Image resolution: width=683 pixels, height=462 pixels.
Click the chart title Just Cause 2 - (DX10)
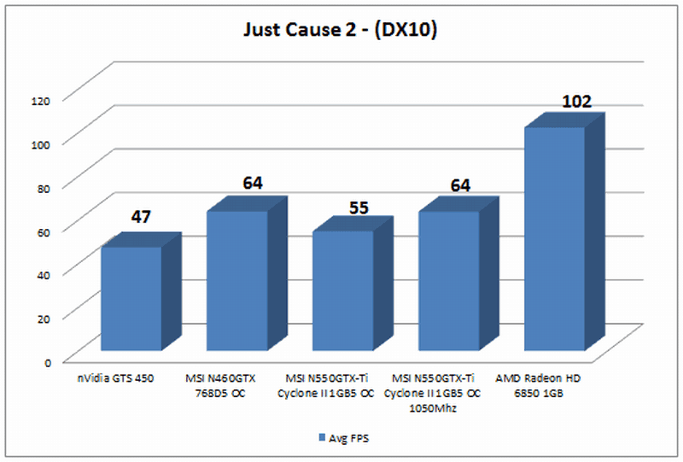(x=341, y=32)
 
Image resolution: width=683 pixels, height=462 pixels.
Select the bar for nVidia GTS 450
(x=131, y=298)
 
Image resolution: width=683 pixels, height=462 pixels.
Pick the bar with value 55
(x=342, y=290)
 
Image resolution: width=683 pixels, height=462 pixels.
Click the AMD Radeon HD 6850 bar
(x=554, y=239)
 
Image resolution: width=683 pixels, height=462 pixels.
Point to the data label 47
(x=141, y=217)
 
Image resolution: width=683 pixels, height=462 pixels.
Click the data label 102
(x=576, y=102)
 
